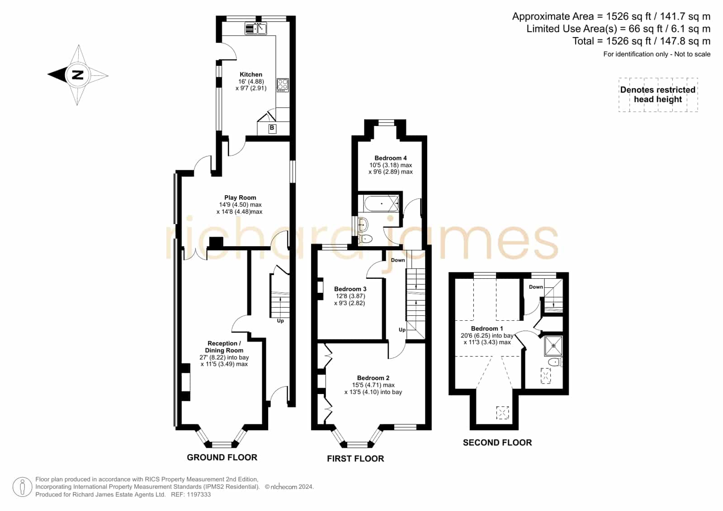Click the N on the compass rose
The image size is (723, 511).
click(77, 75)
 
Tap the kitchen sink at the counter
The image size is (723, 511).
click(255, 29)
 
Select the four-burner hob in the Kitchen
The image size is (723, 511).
click(283, 85)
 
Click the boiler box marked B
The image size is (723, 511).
click(272, 128)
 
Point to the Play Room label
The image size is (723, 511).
click(240, 197)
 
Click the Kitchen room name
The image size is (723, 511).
click(251, 74)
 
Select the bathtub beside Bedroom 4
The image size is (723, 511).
click(381, 204)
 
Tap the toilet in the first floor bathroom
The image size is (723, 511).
click(365, 239)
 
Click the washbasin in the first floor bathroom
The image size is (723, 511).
click(363, 224)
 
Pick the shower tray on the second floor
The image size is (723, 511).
click(553, 346)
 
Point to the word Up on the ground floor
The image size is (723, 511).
click(280, 321)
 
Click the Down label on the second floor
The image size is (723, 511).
click(536, 287)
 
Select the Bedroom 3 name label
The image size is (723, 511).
click(350, 289)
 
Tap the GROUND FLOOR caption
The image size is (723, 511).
click(222, 457)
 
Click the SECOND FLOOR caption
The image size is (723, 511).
click(497, 442)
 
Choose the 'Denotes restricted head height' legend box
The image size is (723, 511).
click(658, 95)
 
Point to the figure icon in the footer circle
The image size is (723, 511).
click(22, 487)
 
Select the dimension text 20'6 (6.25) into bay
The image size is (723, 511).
click(487, 336)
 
